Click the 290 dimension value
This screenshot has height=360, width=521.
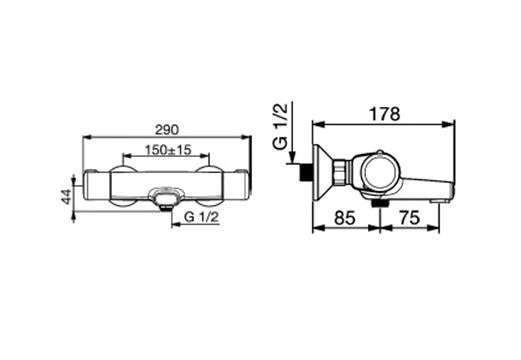[167, 130]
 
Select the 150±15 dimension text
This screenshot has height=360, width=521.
[168, 150]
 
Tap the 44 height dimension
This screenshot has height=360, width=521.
[67, 196]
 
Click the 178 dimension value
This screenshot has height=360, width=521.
[384, 114]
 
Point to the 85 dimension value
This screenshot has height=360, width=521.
[345, 218]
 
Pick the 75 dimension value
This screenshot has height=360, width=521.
[409, 218]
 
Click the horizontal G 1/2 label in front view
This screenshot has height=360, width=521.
[201, 217]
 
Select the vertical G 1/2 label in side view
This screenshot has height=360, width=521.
[280, 127]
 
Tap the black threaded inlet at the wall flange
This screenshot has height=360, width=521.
[306, 172]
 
